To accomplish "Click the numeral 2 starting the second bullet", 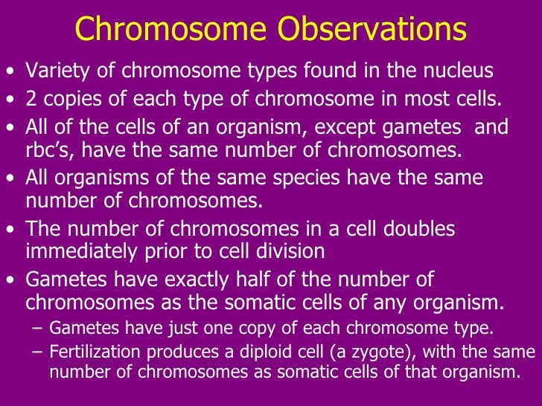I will click(x=31, y=100).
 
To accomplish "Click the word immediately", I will click(x=82, y=251).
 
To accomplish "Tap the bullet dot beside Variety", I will click(x=10, y=73).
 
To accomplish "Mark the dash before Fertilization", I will click(x=39, y=352).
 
